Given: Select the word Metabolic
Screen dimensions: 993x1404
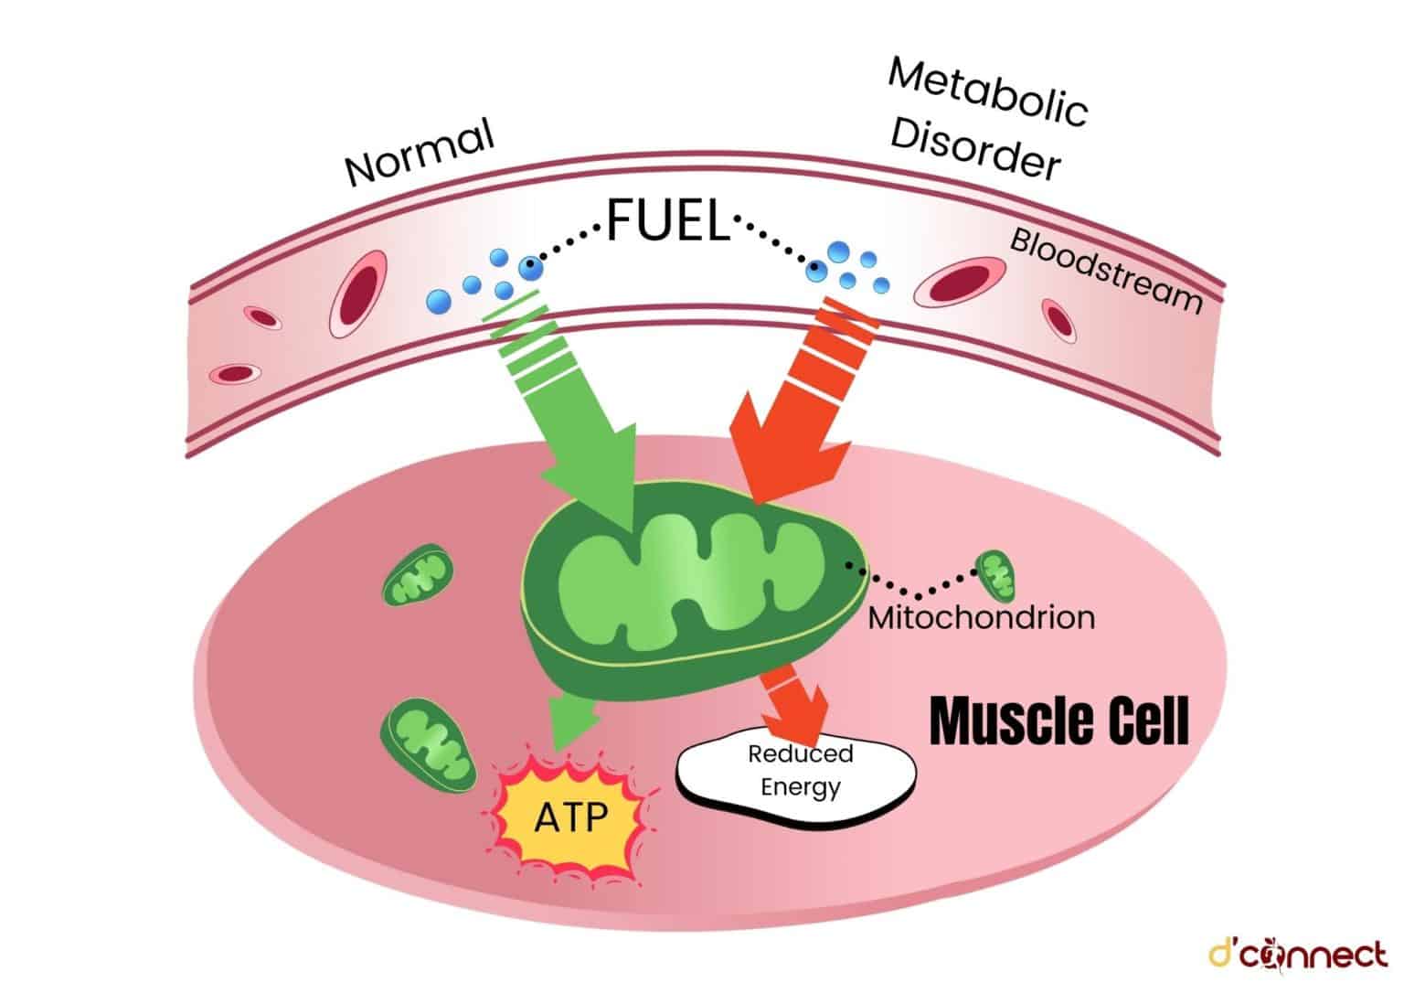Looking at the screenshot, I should click(987, 92).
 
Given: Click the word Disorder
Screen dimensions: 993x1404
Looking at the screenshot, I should click(974, 150).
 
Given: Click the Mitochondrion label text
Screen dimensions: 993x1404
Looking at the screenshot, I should click(981, 618).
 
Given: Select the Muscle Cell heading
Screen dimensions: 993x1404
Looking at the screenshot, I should click(1058, 721).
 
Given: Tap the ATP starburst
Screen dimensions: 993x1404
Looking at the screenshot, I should click(570, 814).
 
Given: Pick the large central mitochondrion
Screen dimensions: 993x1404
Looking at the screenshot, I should click(686, 585).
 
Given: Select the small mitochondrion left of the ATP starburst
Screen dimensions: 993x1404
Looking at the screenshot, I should click(429, 743).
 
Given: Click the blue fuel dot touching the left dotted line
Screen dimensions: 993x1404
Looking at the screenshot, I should click(529, 268).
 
